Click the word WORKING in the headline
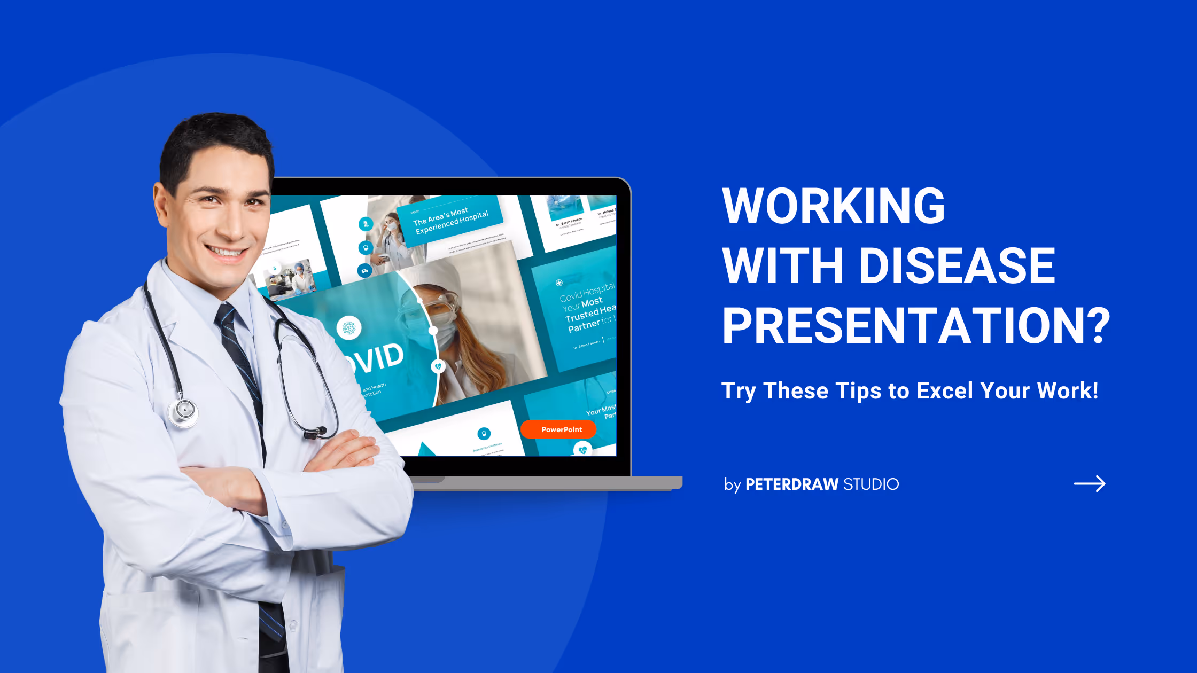pos(834,206)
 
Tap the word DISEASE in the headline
pos(957,266)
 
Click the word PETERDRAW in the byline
pos(791,484)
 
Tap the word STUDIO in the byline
pos(871,484)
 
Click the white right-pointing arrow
pos(1090,484)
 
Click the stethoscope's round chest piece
pos(183,411)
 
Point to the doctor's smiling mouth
pos(226,251)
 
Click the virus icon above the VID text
pos(348,328)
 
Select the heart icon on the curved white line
pos(438,366)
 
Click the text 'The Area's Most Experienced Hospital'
pos(450,220)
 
